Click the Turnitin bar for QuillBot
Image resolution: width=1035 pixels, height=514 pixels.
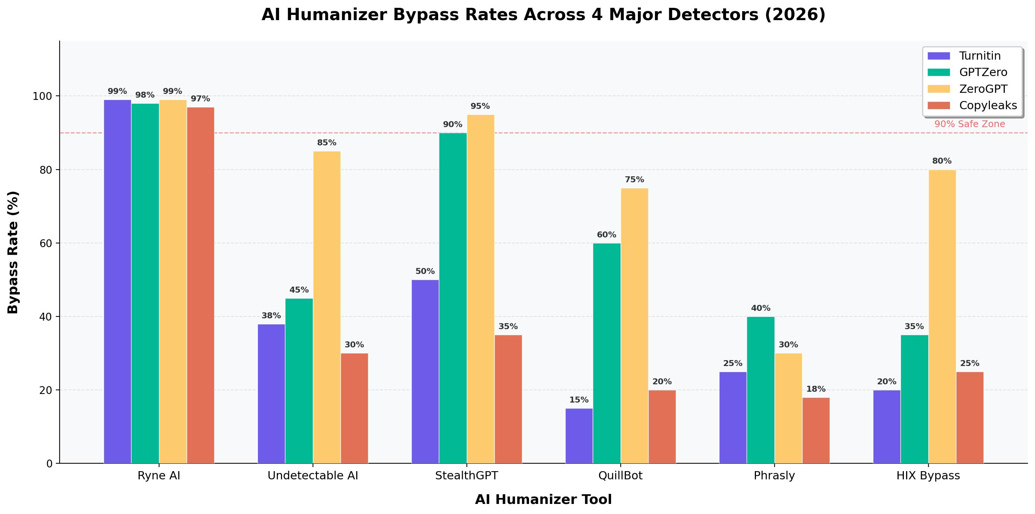coord(579,436)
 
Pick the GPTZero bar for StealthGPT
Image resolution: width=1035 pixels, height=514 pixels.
coord(453,298)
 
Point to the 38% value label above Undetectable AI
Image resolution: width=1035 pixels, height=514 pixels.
coord(271,316)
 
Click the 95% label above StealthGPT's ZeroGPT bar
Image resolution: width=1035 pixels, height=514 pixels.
coord(480,107)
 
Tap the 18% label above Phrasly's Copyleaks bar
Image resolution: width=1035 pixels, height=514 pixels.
coord(816,389)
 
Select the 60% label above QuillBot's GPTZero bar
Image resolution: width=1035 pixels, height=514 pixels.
coord(606,235)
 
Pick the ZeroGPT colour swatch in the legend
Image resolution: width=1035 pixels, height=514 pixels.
coord(939,89)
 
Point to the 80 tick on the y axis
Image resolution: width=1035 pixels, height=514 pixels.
coord(46,170)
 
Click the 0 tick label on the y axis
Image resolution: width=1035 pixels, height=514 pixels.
coord(50,464)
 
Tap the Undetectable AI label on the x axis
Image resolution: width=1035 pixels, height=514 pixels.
coord(313,476)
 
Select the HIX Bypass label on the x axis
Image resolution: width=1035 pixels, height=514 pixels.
coord(928,476)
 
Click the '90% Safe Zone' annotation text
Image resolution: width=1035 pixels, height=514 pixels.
coord(969,124)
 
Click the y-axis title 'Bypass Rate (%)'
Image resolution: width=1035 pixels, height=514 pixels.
coord(13,252)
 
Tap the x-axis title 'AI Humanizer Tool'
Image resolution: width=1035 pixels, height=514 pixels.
coord(543,499)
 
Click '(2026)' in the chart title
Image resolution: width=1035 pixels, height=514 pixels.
coord(795,15)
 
